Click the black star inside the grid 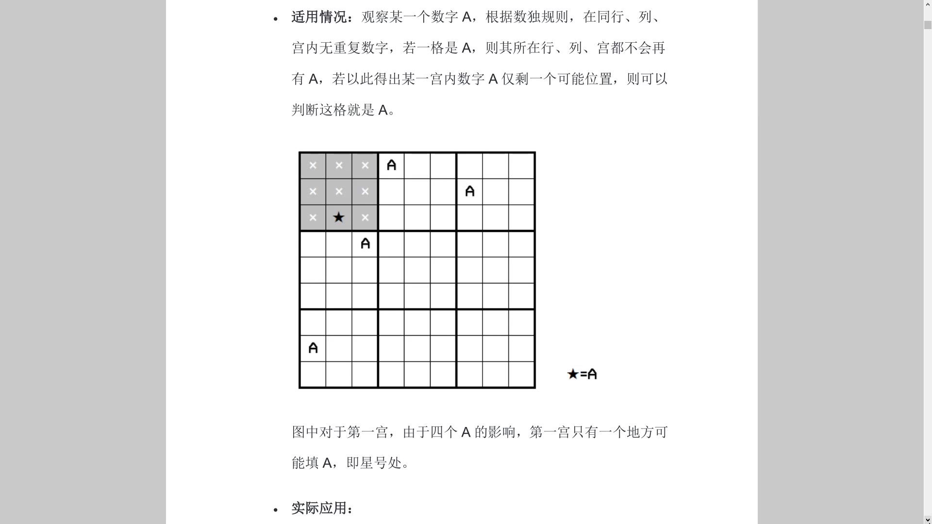(x=339, y=217)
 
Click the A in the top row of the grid (x=391, y=165)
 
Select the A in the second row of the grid (x=469, y=191)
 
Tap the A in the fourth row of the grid (x=365, y=244)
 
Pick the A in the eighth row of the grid (x=313, y=348)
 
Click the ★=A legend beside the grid (x=582, y=374)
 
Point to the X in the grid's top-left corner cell (x=313, y=165)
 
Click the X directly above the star (x=339, y=191)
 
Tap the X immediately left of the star (x=313, y=217)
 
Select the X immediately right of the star (x=365, y=217)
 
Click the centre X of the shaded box (x=339, y=191)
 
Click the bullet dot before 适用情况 (x=276, y=19)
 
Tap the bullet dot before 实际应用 (x=276, y=510)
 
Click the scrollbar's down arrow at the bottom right (x=928, y=520)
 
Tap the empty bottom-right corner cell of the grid (x=521, y=374)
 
